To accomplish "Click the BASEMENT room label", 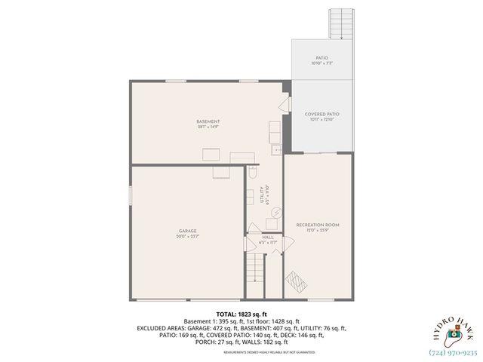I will point(208,121).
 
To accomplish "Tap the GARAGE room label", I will point(188,231).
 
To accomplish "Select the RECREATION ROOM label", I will point(318,225).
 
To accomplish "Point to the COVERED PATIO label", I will point(322,114).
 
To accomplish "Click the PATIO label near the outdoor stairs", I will point(322,57).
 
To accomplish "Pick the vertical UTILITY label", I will point(262,195).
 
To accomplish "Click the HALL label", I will point(268,237).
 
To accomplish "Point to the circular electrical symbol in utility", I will point(275,213).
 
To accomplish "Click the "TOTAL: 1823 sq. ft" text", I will point(241,314).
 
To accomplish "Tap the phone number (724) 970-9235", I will point(453,352).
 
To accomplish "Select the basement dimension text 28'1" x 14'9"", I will point(208,127).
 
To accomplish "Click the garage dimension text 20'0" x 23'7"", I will point(188,237).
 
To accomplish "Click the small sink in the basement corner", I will point(277,150).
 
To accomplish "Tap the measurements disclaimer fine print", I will point(241,351).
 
